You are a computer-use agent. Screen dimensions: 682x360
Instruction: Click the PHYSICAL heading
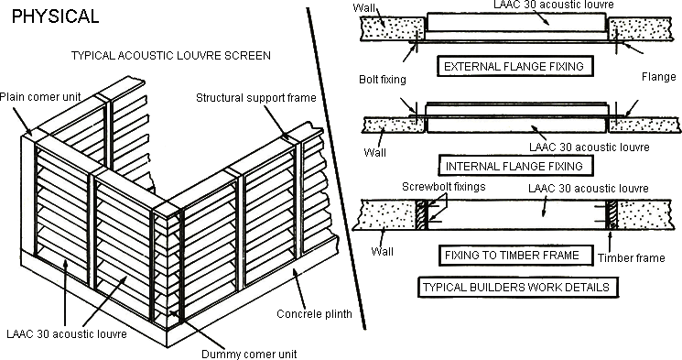coord(55,16)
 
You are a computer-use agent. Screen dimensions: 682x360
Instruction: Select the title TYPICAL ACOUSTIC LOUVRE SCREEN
coord(171,56)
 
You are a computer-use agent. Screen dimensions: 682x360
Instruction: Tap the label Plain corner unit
coord(40,96)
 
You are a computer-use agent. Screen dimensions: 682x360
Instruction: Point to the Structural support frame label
coord(255,98)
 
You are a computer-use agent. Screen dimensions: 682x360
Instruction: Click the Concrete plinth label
coord(315,314)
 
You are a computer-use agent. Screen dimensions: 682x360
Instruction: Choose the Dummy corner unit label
coord(249,354)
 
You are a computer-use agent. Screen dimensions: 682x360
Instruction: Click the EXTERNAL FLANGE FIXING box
coord(515,67)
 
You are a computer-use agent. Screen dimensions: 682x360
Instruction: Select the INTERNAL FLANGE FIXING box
coord(515,166)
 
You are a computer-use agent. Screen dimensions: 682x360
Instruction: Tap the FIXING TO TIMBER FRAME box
coord(515,256)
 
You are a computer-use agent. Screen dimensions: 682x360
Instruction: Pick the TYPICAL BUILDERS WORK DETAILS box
coord(517,288)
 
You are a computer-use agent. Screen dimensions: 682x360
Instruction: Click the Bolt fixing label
coord(383,80)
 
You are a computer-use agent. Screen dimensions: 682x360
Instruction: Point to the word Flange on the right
coord(658,77)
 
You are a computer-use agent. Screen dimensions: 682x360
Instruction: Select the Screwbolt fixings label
coord(444,187)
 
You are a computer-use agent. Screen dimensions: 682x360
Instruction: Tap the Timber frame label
coord(631,258)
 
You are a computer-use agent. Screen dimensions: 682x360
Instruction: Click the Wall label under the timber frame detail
coord(382,252)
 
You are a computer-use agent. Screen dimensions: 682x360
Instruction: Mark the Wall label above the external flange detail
coord(363,8)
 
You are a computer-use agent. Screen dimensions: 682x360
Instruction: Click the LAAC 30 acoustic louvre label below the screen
coord(67,333)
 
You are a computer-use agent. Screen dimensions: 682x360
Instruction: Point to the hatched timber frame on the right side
coord(612,215)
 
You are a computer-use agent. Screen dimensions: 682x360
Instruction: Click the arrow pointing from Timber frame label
coord(610,242)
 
